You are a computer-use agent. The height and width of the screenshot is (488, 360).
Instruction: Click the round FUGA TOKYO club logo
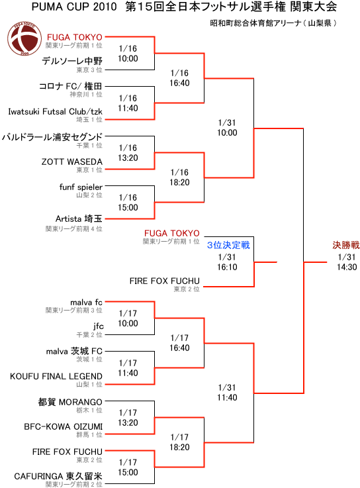tap(24, 38)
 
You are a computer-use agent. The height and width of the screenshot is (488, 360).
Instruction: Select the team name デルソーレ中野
tap(72, 61)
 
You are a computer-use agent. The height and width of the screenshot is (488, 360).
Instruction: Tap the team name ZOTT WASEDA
tap(72, 162)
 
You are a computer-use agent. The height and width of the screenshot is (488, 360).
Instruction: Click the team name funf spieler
tap(81, 187)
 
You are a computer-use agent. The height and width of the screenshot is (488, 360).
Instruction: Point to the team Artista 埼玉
tap(79, 219)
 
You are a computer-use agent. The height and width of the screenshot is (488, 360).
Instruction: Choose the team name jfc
tap(99, 326)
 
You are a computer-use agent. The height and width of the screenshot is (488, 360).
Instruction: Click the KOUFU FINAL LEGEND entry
tap(56, 376)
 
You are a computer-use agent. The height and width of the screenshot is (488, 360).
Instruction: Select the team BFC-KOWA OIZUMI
tap(63, 426)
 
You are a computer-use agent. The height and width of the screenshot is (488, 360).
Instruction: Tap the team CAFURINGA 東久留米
tap(58, 476)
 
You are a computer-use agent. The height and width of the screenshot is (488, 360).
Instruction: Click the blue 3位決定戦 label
tap(228, 245)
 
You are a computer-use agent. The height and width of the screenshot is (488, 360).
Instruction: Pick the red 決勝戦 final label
tap(346, 245)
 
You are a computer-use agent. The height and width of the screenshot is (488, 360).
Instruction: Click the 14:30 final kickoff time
tap(347, 267)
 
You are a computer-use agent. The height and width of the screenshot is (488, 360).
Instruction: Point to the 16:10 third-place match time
tap(227, 267)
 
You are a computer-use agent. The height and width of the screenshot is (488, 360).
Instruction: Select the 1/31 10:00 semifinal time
tap(227, 128)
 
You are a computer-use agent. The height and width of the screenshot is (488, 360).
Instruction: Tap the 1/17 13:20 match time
tap(128, 418)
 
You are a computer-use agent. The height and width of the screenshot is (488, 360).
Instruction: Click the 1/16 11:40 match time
tap(128, 103)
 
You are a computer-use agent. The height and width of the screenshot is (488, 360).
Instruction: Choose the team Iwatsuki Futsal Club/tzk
tap(56, 111)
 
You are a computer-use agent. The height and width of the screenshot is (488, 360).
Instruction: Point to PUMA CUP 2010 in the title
tap(74, 7)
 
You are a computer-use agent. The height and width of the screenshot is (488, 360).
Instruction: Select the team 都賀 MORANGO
tap(70, 402)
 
